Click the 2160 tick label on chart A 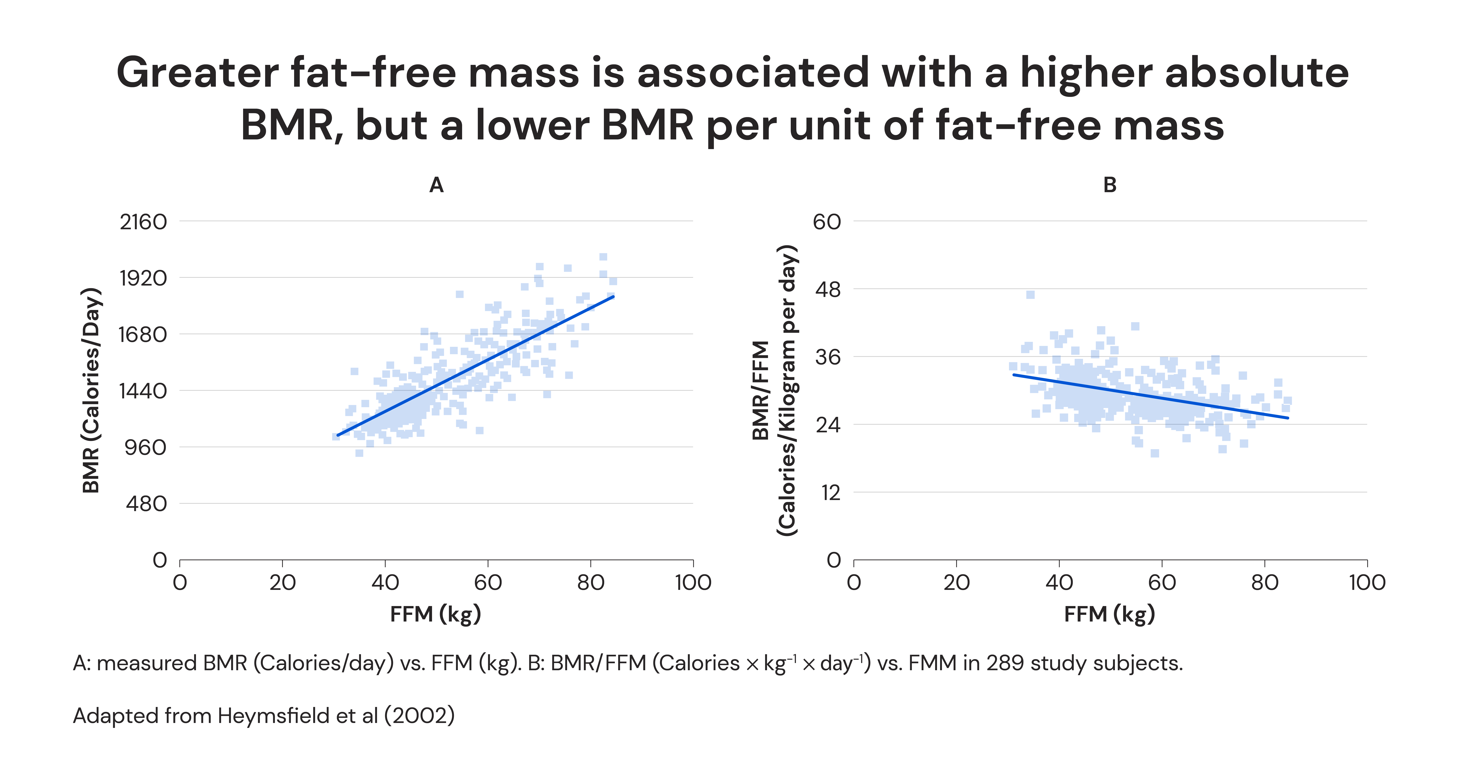[x=143, y=222]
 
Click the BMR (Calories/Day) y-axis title [x=91, y=390]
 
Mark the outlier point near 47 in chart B [x=1030, y=295]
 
